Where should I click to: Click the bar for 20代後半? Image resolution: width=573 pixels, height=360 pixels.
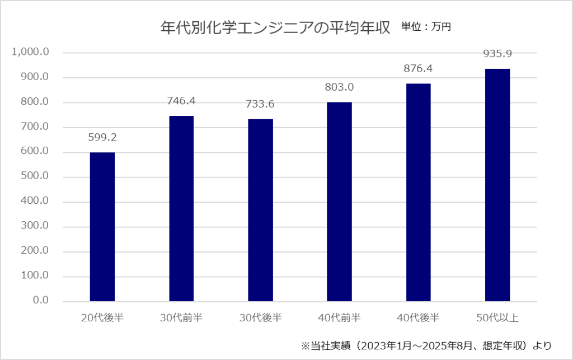[x=102, y=227]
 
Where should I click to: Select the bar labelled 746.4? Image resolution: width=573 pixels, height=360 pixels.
[x=181, y=208]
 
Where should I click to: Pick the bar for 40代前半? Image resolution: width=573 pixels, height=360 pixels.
[x=340, y=202]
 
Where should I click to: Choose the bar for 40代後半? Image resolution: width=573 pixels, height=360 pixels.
[x=419, y=192]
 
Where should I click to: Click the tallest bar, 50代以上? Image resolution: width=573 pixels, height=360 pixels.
[x=497, y=185]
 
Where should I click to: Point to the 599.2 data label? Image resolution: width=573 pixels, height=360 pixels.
[x=102, y=137]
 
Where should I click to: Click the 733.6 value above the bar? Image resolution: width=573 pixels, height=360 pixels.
[x=261, y=104]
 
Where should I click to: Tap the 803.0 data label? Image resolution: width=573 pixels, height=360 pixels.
[x=340, y=87]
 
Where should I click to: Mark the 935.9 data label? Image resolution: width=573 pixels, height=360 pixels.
[x=497, y=54]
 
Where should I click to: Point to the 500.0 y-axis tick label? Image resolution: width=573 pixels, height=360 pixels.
[x=35, y=177]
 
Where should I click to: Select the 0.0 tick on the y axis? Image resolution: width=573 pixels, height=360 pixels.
[x=41, y=301]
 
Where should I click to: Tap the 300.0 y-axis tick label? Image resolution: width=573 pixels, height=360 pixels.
[x=35, y=227]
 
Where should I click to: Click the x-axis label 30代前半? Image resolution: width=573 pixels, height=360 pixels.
[x=181, y=319]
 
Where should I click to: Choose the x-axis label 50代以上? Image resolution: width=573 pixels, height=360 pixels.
[x=497, y=319]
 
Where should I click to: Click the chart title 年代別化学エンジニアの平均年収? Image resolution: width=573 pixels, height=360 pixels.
[x=275, y=27]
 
